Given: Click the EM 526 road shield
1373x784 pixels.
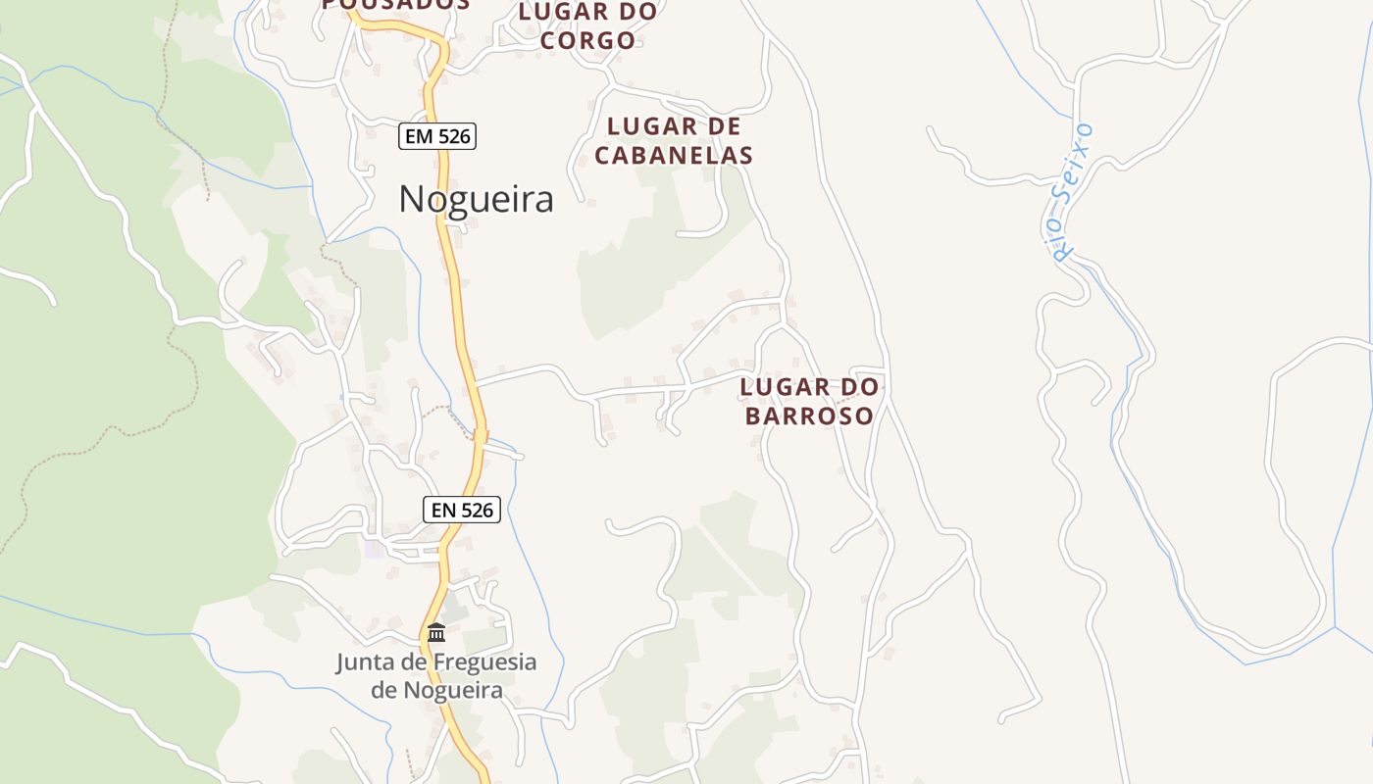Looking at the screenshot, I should coord(437,136).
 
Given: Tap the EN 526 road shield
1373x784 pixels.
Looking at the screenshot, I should coord(462,510).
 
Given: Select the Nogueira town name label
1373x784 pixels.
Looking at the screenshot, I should coord(476,199).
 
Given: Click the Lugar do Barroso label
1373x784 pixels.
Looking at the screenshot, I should coord(809,401).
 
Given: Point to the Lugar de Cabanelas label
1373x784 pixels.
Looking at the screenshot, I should coord(674,140).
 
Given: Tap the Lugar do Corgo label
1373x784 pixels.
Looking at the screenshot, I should coord(587,26).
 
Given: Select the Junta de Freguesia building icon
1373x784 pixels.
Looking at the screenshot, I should coord(436,632).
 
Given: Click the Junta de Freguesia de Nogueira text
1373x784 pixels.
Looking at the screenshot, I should coord(436,675).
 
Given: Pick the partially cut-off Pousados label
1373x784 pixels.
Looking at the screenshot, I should coord(396,5).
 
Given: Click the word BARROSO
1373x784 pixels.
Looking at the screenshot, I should coord(809,416).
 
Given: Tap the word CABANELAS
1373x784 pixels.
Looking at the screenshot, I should coord(674,155).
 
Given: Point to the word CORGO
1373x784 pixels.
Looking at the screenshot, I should coord(587,40).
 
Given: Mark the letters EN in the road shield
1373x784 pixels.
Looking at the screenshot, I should coord(443,510).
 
